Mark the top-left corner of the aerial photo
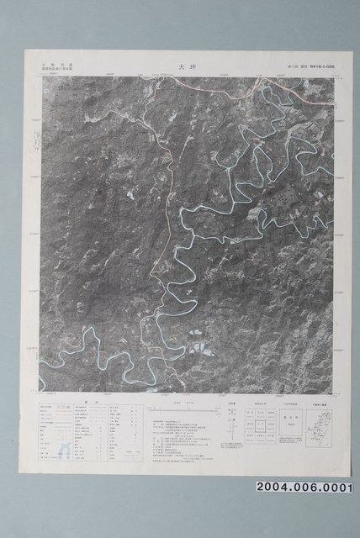point(40,77)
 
